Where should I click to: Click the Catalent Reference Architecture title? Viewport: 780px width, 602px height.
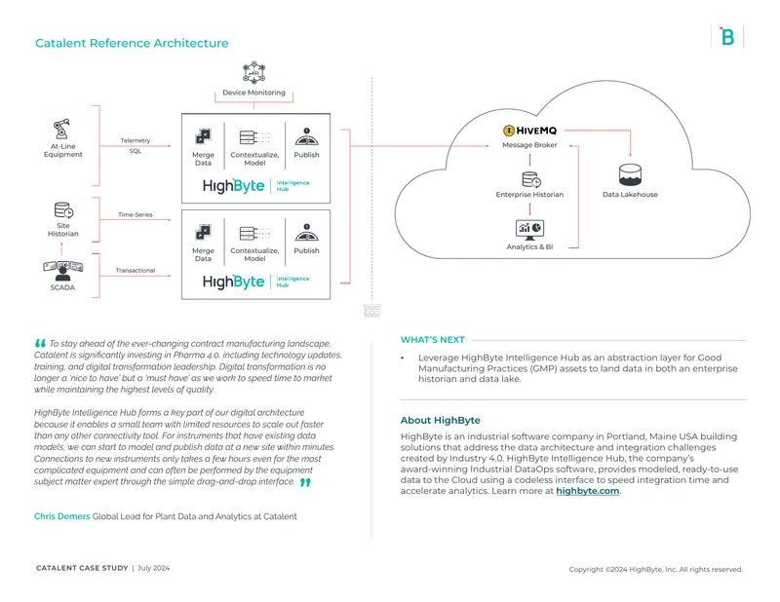click(132, 43)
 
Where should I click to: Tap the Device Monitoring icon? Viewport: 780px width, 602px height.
click(253, 73)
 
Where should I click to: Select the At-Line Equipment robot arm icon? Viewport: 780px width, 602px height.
click(62, 129)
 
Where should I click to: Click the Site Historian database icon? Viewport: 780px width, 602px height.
click(63, 210)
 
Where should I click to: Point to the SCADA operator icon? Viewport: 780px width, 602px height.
click(62, 271)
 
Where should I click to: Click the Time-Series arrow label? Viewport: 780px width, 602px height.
click(136, 214)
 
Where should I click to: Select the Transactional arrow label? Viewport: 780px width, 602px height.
click(136, 271)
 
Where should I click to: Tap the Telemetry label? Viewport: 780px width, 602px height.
click(136, 140)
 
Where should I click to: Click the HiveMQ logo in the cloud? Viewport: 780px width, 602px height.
click(529, 131)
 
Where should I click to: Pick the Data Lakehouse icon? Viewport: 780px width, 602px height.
click(630, 175)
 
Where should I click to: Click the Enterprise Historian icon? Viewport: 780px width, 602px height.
click(531, 179)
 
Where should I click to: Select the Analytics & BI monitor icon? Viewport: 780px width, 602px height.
click(529, 230)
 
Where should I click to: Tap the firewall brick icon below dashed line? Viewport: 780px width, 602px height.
click(371, 310)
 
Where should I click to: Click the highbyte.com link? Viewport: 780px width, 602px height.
click(588, 491)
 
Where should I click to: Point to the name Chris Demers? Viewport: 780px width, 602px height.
click(62, 516)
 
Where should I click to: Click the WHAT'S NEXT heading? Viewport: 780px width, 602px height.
click(432, 340)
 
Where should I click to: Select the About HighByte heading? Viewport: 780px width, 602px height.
click(441, 421)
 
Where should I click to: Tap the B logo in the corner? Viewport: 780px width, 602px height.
click(727, 37)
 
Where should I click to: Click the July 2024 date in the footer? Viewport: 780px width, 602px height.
click(154, 568)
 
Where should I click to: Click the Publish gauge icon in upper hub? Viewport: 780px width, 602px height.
click(307, 136)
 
